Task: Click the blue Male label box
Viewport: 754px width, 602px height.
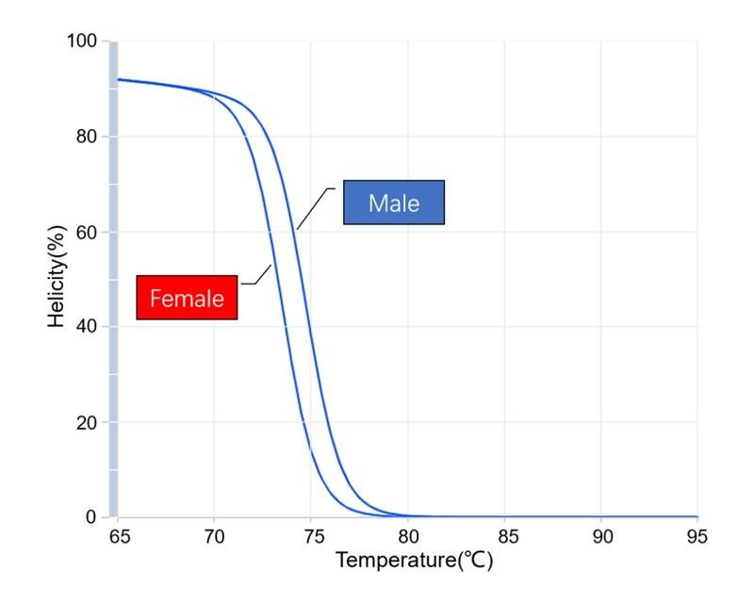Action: point(394,203)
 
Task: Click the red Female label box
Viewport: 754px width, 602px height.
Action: point(187,298)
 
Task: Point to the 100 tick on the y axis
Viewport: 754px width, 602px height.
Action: point(82,41)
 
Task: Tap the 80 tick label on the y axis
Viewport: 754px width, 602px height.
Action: point(87,137)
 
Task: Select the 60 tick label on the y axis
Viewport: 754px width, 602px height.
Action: point(87,232)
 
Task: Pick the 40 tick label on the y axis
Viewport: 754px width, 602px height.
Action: point(87,327)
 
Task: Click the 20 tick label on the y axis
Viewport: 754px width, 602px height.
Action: point(87,423)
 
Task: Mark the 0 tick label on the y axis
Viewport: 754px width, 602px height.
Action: point(91,517)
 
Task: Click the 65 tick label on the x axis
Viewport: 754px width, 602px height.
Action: point(120,536)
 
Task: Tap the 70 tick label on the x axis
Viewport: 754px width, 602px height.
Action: point(215,536)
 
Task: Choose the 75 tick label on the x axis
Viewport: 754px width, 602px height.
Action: point(314,536)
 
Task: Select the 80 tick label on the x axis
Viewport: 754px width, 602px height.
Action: point(409,536)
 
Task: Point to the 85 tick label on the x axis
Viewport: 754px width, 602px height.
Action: point(508,536)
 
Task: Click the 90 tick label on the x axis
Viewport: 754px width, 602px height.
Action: point(602,536)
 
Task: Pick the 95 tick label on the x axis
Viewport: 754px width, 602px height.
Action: point(697,536)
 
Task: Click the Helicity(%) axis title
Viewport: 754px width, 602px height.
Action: point(57,276)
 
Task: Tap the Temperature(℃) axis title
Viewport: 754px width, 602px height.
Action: point(415,561)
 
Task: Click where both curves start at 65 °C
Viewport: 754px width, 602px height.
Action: point(119,79)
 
